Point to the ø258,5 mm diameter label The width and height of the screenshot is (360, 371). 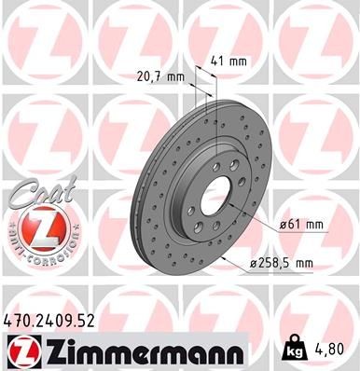tap(286, 264)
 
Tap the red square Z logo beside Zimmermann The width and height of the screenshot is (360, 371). tap(19, 350)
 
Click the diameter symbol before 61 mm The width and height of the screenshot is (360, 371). tap(281, 225)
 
